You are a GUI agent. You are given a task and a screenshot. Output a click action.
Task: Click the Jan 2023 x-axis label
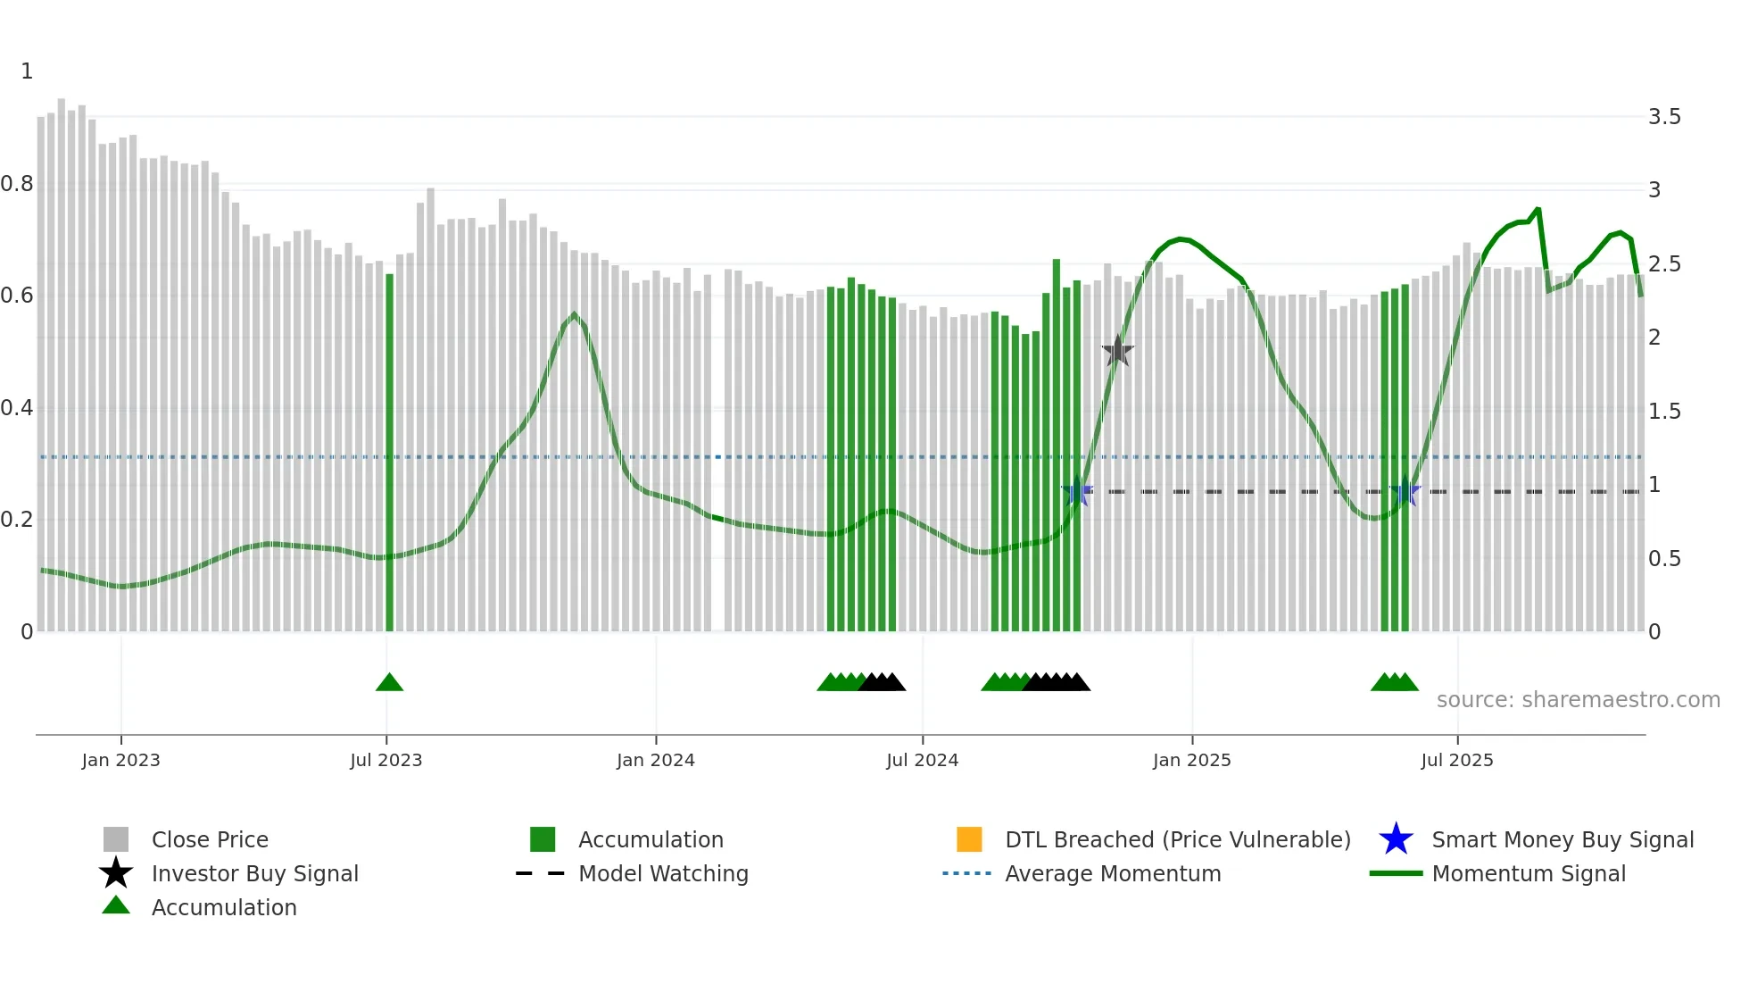(x=120, y=760)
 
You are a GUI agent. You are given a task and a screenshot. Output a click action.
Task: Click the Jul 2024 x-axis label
(x=922, y=760)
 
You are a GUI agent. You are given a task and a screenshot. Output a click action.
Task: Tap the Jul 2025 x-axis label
(x=1456, y=760)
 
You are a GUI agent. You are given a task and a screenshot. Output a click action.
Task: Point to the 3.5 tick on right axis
(x=1664, y=117)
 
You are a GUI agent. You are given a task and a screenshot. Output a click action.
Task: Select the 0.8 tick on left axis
(x=17, y=184)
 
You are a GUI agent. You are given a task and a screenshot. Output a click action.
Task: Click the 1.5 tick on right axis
(x=1664, y=412)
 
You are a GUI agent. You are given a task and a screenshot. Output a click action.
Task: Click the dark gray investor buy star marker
(x=1117, y=352)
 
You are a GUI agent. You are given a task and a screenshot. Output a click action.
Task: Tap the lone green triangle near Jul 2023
(x=389, y=683)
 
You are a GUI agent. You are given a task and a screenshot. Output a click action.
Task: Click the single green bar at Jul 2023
(x=389, y=446)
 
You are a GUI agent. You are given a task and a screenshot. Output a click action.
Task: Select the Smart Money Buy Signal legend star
(x=1396, y=839)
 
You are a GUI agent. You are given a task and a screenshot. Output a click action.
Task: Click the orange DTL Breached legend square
(x=969, y=839)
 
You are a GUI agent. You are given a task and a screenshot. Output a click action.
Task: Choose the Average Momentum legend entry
(x=1112, y=873)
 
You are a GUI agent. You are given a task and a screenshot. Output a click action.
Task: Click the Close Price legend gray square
(x=116, y=839)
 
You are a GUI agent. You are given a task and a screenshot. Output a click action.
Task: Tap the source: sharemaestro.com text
(x=1578, y=700)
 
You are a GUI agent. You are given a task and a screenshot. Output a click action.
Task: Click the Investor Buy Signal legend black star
(x=116, y=873)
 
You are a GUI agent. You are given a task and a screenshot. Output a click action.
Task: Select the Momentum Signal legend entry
(x=1528, y=873)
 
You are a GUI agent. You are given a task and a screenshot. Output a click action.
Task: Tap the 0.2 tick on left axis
(x=17, y=520)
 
